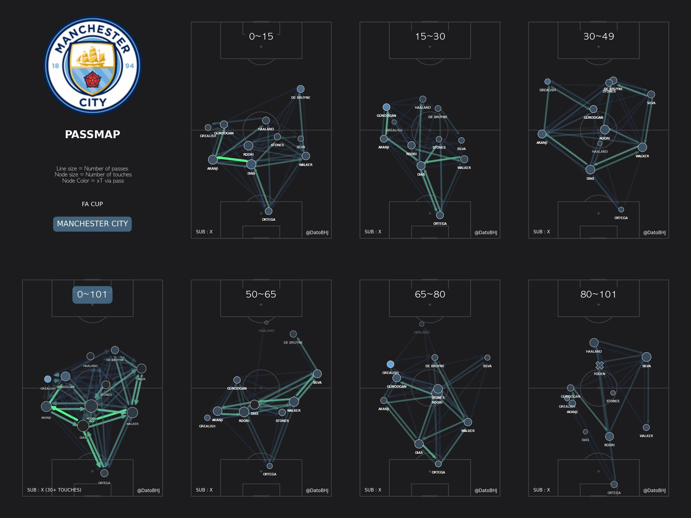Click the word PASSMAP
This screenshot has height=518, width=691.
[x=93, y=134]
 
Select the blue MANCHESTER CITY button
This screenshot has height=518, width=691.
[x=93, y=224]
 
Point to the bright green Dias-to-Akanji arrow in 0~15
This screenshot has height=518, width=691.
[x=233, y=159]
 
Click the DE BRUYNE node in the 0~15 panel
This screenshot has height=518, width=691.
[x=300, y=89]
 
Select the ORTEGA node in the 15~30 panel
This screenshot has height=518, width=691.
[x=440, y=215]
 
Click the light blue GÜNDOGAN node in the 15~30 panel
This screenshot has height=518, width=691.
[x=387, y=107]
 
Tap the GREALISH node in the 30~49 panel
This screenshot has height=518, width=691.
[x=548, y=81]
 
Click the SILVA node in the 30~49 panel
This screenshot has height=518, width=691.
[x=651, y=95]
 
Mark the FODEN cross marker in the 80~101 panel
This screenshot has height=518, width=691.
[x=599, y=365]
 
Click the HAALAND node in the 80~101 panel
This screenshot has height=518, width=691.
[x=594, y=343]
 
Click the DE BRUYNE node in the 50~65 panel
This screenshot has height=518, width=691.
[x=293, y=334]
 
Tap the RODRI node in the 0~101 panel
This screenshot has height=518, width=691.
[x=91, y=406]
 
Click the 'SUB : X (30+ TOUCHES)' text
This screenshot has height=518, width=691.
[x=54, y=490]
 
